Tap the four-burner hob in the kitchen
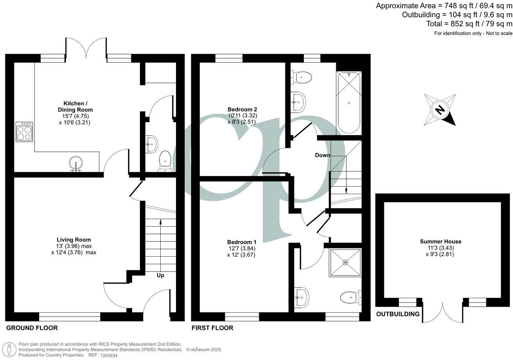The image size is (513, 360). pyautogui.click(x=24, y=132)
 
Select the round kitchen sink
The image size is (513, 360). pyautogui.click(x=75, y=164)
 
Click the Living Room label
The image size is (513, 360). pyautogui.click(x=74, y=240)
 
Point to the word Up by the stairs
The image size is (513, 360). pyautogui.click(x=160, y=275)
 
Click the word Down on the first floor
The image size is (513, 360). pyautogui.click(x=323, y=155)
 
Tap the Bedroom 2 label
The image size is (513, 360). pyautogui.click(x=242, y=109)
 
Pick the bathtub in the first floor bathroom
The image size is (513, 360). pyautogui.click(x=348, y=103)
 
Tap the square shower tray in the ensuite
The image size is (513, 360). pyautogui.click(x=345, y=263)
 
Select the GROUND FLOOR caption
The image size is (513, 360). pyautogui.click(x=32, y=328)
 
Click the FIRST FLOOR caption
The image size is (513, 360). pyautogui.click(x=212, y=328)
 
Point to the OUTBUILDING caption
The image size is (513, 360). pyautogui.click(x=398, y=314)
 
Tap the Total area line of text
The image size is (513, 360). pyautogui.click(x=469, y=24)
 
